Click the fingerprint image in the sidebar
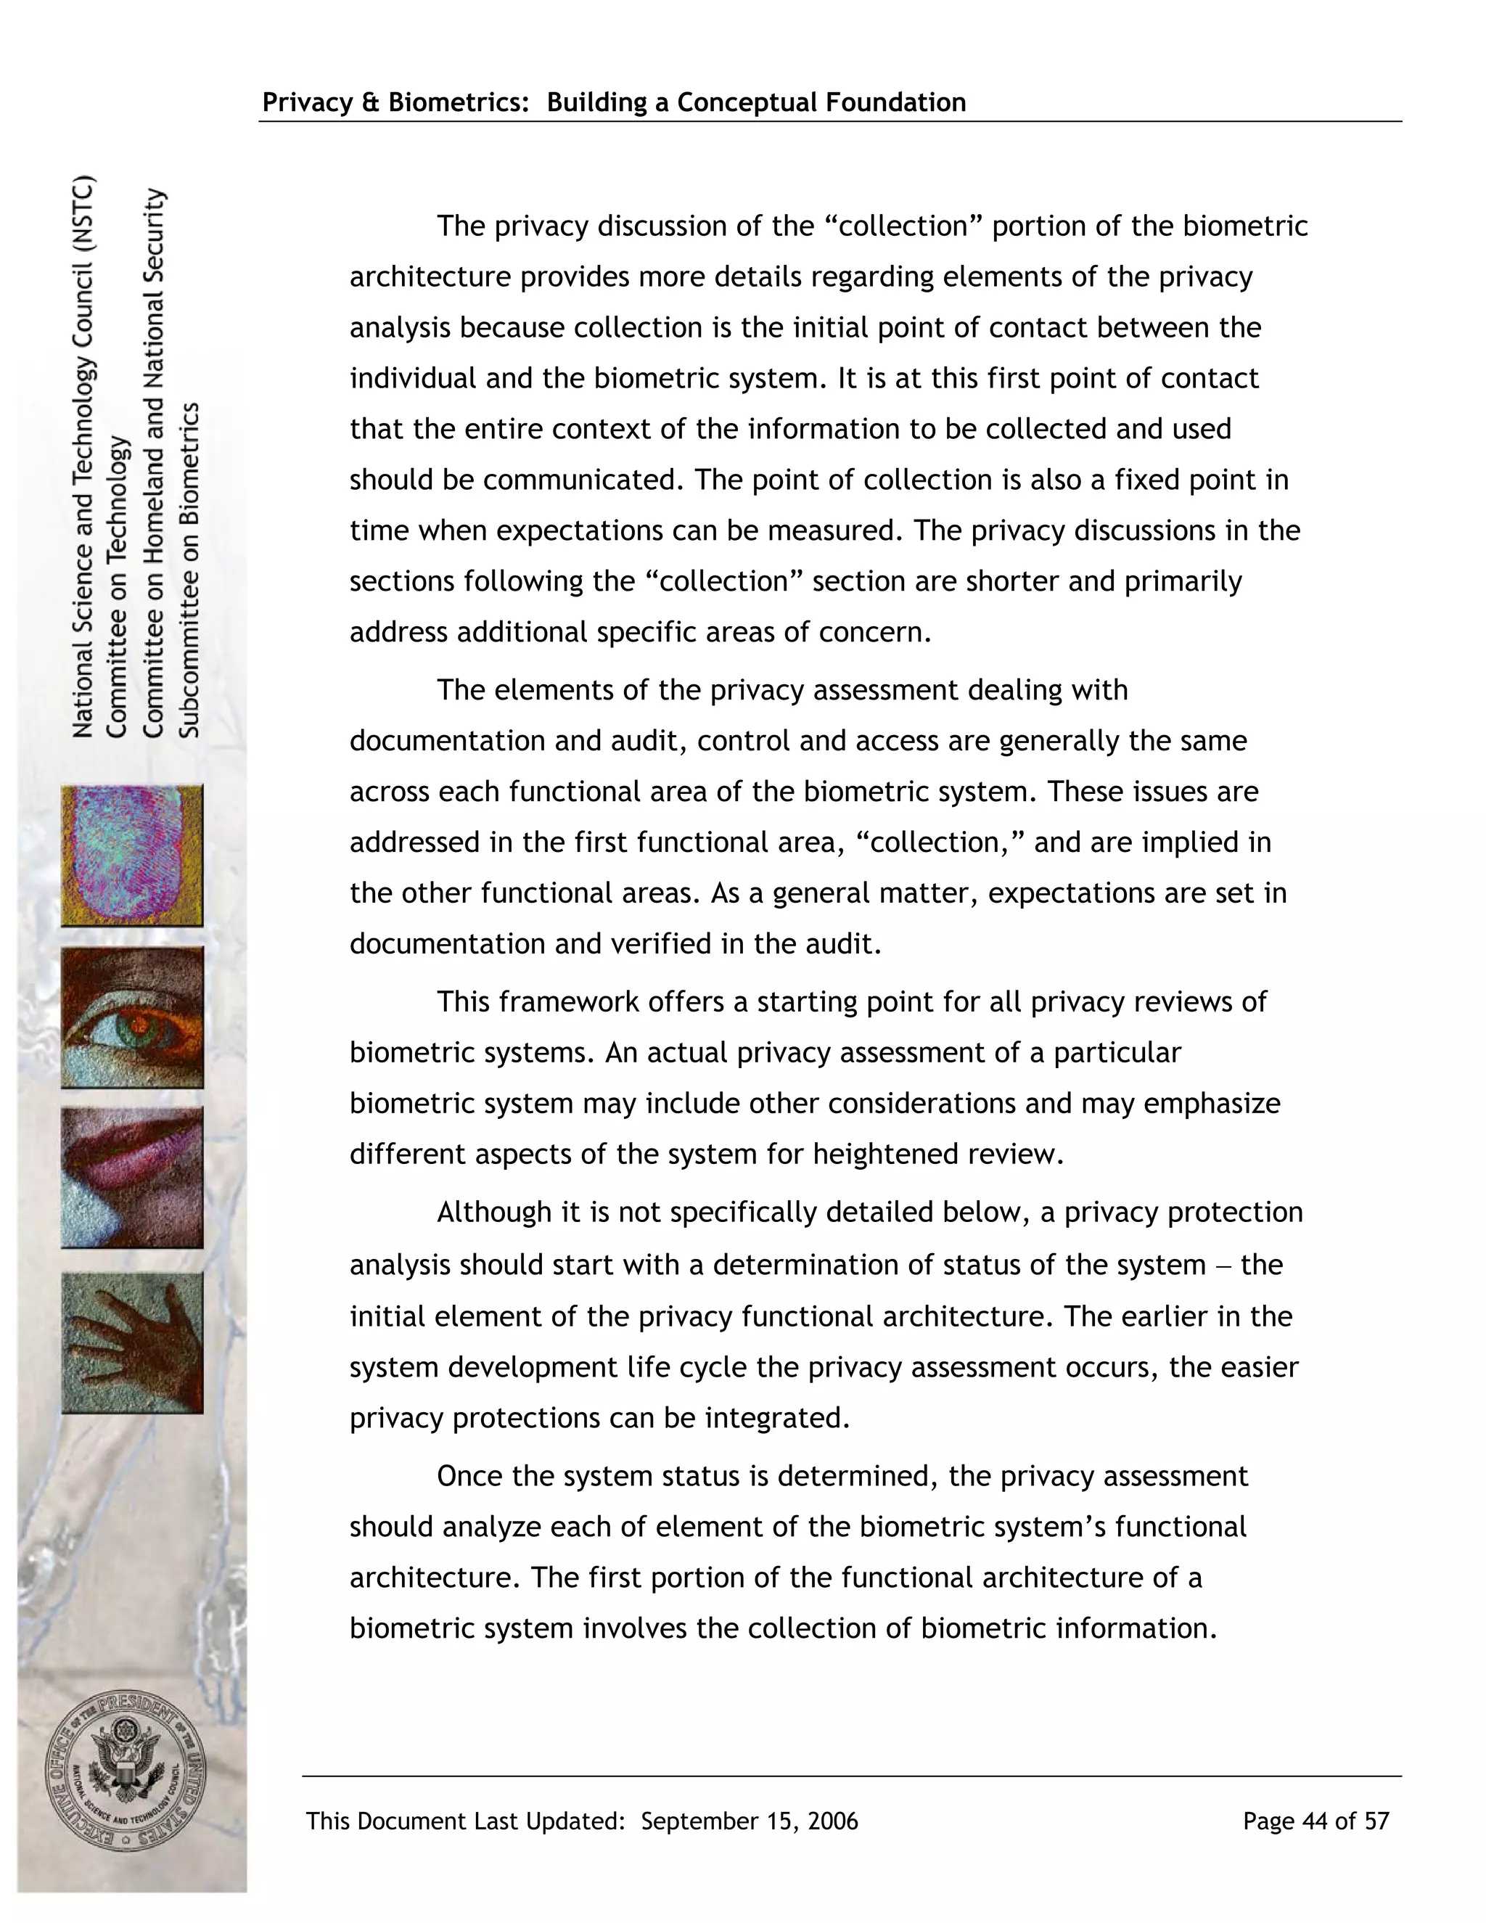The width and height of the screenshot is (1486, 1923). (x=132, y=855)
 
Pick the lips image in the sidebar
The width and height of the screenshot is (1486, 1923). (x=132, y=1177)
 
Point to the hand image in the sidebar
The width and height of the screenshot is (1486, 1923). (x=132, y=1342)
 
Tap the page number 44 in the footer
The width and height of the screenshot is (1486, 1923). (x=1314, y=1821)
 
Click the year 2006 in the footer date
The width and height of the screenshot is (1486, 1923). (x=832, y=1821)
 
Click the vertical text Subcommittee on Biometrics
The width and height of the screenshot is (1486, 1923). (x=190, y=570)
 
